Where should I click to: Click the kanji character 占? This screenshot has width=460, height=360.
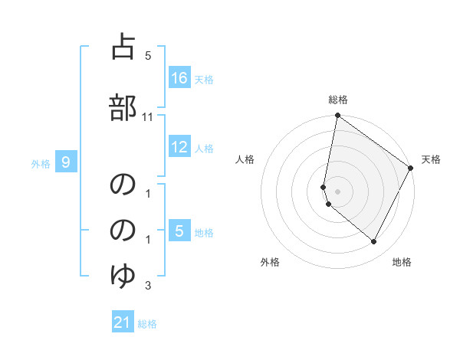click(123, 47)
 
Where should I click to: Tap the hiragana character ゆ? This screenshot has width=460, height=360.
click(123, 273)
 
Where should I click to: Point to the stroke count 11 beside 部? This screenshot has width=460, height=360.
click(148, 116)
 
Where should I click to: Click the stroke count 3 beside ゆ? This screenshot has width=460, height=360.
click(148, 286)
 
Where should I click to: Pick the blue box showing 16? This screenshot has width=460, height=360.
click(179, 77)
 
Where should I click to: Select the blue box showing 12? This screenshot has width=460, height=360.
click(179, 147)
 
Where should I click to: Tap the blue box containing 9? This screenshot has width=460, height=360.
click(66, 162)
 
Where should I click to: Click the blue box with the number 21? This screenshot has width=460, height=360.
click(123, 322)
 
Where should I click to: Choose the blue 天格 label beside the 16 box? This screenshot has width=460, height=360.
click(204, 79)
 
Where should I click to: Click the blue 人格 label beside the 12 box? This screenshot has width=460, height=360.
click(204, 149)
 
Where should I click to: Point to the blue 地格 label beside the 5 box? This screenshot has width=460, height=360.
click(204, 233)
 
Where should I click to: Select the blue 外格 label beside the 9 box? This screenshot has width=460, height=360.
click(41, 163)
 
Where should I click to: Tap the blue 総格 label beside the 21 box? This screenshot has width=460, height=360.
click(147, 324)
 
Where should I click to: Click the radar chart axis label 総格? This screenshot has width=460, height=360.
click(338, 100)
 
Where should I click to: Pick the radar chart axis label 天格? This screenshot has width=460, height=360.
click(431, 159)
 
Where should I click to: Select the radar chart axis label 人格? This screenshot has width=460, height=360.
click(245, 159)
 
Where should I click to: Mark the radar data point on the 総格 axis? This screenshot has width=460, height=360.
click(337, 116)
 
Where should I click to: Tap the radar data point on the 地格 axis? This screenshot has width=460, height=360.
click(374, 242)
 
